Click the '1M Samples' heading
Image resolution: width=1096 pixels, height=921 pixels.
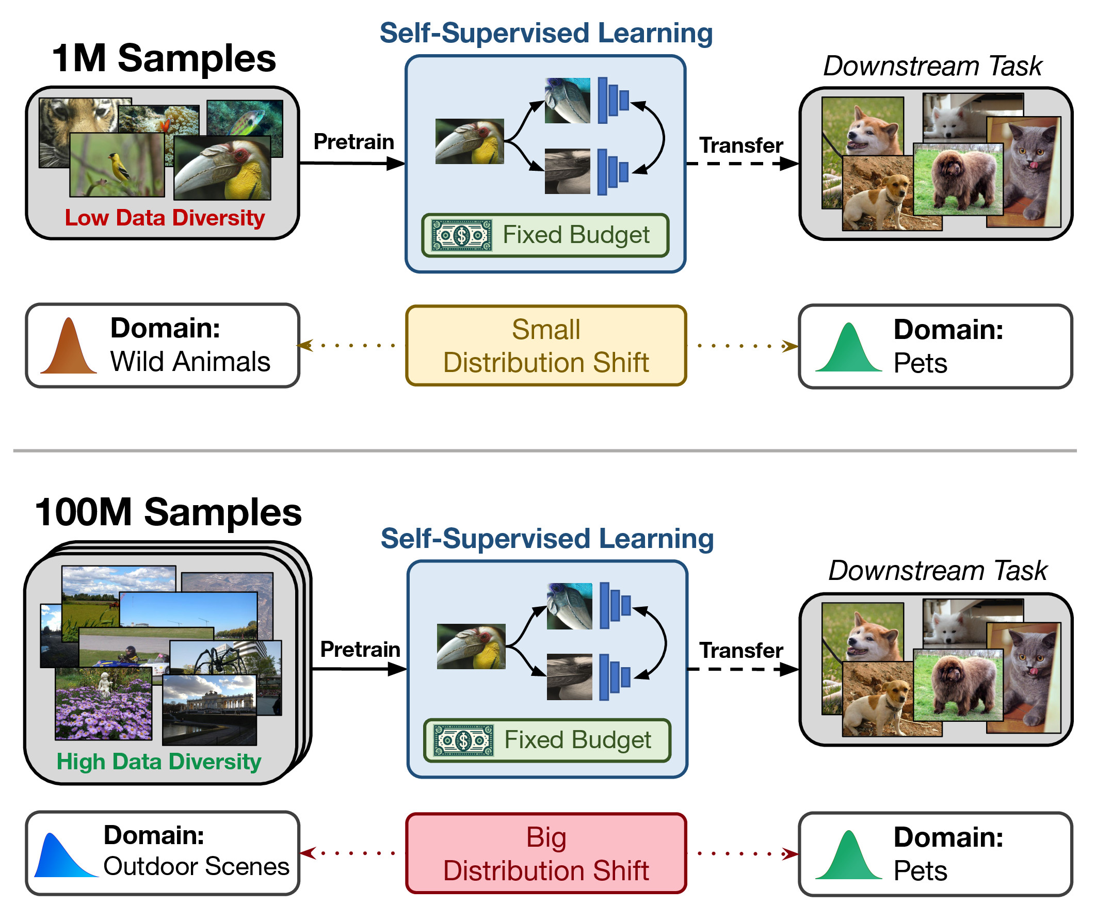coord(164,58)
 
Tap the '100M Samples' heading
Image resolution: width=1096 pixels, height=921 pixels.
coord(168,513)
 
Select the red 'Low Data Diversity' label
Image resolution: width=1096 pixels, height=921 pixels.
coord(165,218)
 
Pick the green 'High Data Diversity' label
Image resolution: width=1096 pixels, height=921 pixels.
coord(159,762)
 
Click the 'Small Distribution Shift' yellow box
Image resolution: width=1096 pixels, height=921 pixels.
coord(545,346)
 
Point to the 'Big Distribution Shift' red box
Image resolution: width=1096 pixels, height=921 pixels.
coord(545,853)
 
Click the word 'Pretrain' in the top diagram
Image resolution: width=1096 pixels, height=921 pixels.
coord(353,142)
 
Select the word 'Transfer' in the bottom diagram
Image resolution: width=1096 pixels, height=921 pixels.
coord(740,651)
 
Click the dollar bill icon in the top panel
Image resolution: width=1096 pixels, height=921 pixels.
coord(462,235)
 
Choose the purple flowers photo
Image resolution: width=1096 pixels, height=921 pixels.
coord(103,705)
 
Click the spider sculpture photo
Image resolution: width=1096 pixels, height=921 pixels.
coord(219,660)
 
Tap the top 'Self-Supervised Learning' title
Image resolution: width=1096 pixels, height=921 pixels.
coord(545,34)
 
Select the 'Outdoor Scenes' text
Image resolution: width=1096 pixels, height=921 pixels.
coord(196,867)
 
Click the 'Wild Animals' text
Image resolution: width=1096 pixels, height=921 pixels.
coord(190,362)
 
